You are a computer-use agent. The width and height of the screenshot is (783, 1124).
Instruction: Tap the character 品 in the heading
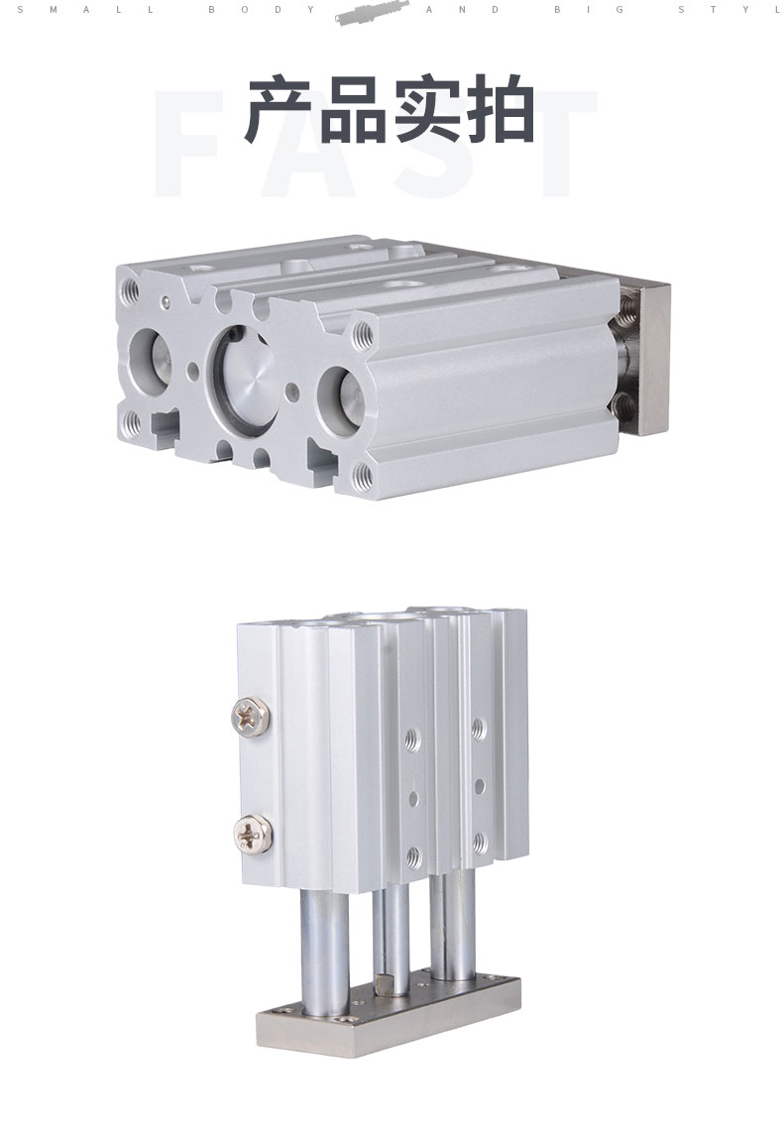[354, 110]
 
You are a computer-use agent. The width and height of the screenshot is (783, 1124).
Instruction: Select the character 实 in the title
[428, 110]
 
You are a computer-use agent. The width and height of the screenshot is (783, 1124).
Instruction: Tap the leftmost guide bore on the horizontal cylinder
[149, 356]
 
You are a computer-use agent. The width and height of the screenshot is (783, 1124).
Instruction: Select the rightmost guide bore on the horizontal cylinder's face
[343, 402]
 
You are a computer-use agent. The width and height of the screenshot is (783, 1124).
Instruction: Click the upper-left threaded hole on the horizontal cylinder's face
[131, 288]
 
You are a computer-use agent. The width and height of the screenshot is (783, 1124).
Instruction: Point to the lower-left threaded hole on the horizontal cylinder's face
[131, 421]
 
